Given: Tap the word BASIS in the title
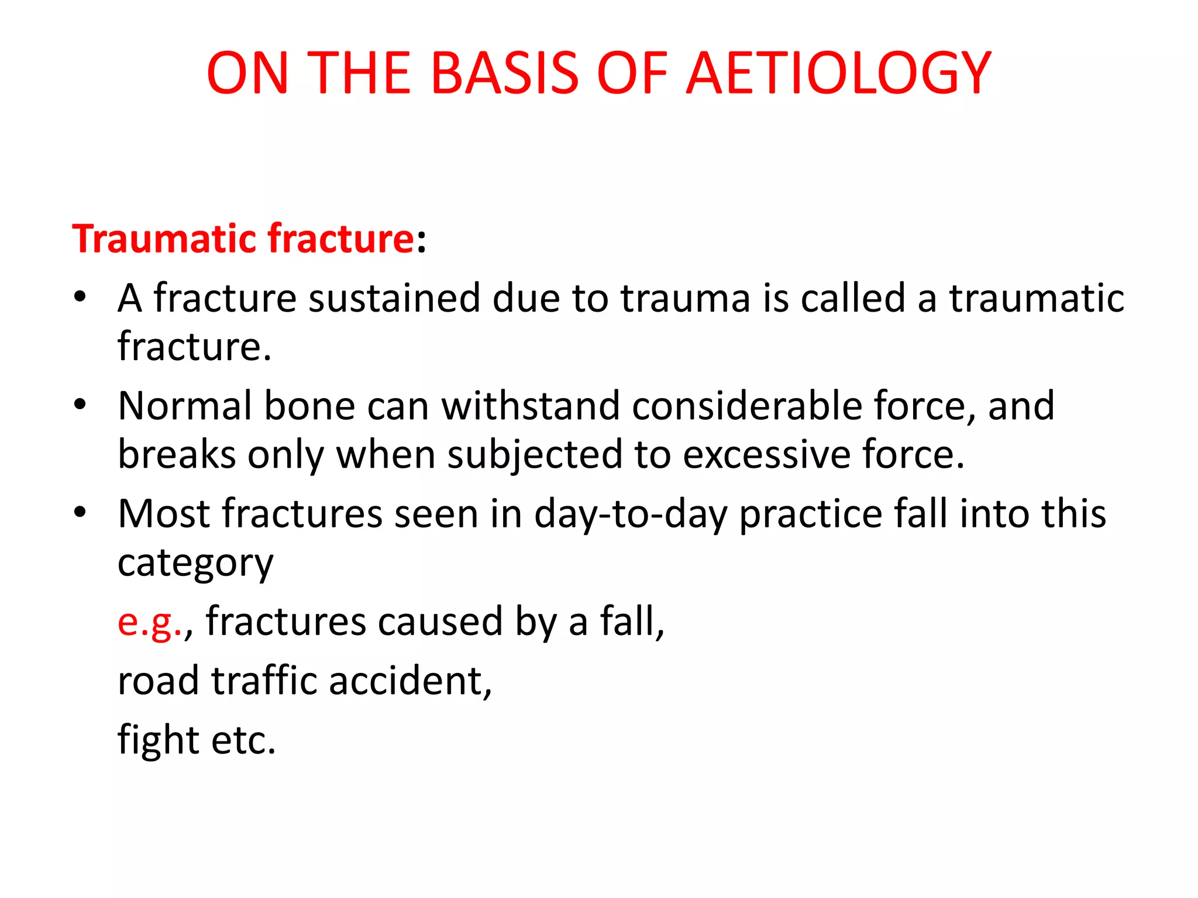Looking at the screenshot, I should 504,73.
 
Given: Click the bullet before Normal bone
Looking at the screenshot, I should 80,405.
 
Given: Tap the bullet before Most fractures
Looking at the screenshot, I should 80,512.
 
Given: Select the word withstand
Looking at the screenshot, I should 530,406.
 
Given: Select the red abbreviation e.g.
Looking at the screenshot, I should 150,622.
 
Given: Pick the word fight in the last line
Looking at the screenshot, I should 158,740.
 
